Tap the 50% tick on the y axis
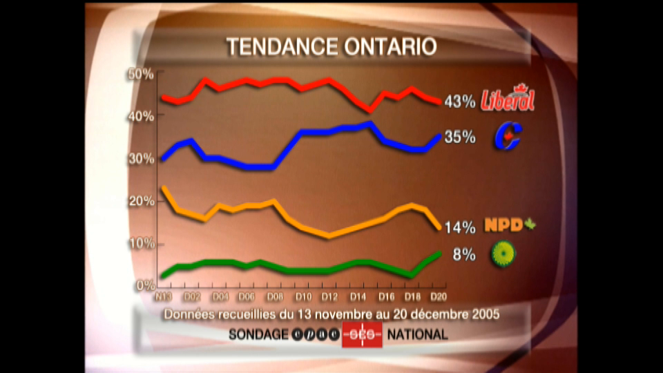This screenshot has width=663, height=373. tap(142, 74)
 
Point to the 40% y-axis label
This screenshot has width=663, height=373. tap(142, 116)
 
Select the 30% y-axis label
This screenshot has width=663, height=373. tap(142, 158)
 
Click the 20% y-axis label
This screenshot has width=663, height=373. tap(142, 201)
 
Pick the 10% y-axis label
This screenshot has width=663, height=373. tap(142, 243)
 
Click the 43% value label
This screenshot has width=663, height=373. tap(460, 102)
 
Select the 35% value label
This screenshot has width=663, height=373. tap(460, 137)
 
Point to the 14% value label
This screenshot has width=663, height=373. tap(460, 227)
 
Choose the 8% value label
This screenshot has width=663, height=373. tap(464, 255)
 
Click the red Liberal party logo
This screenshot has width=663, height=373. tap(508, 99)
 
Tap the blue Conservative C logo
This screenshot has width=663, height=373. tap(508, 136)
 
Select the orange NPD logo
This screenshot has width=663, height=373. tap(510, 225)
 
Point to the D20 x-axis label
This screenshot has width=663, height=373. tap(436, 297)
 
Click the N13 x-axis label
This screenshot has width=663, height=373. tap(163, 297)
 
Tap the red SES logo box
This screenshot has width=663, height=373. tap(362, 334)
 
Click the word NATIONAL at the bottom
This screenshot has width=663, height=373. tap(417, 334)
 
